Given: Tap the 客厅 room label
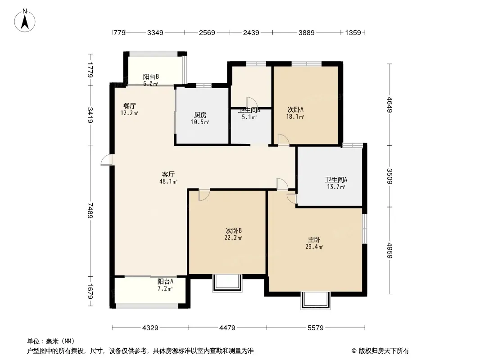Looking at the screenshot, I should click(x=168, y=175).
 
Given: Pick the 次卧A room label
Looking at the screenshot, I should click(x=295, y=109).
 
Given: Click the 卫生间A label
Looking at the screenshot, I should click(x=336, y=179).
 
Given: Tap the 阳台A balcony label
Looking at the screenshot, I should click(x=165, y=281).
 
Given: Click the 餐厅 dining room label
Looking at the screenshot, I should click(x=130, y=106).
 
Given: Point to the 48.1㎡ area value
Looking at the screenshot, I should click(x=168, y=181).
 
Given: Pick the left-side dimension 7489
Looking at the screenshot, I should click(x=91, y=210).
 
